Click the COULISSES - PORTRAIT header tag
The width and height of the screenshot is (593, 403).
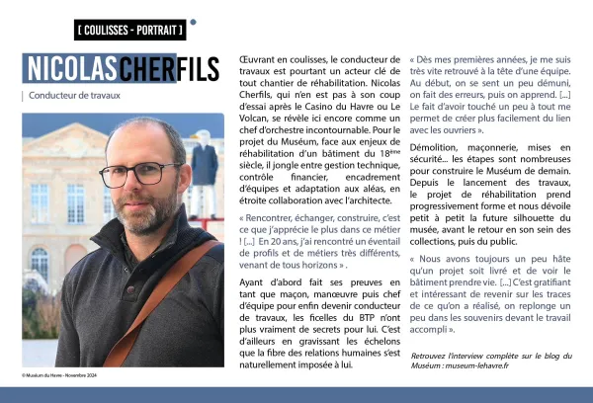pos(129,29)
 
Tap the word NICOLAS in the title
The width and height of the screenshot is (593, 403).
pos(70,70)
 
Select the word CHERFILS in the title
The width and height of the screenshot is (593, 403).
pos(171,70)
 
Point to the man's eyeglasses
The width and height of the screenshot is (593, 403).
pos(141,173)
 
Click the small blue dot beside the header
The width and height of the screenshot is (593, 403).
pos(193,21)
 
